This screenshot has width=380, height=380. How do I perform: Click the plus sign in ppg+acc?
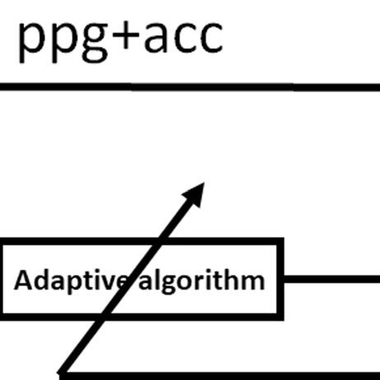[125, 37]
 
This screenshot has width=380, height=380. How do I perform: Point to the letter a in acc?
[155, 37]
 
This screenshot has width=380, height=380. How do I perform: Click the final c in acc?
[211, 37]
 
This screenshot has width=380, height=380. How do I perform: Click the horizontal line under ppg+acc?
[190, 87]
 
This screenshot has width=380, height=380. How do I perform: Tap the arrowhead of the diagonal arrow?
[195, 193]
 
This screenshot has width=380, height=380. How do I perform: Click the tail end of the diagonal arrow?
[61, 373]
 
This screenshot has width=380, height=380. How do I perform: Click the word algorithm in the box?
[202, 281]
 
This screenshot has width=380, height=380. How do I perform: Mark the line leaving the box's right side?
[331, 279]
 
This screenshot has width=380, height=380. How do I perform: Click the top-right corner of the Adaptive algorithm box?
[280, 242]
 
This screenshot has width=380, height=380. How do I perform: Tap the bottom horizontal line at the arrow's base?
[220, 376]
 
